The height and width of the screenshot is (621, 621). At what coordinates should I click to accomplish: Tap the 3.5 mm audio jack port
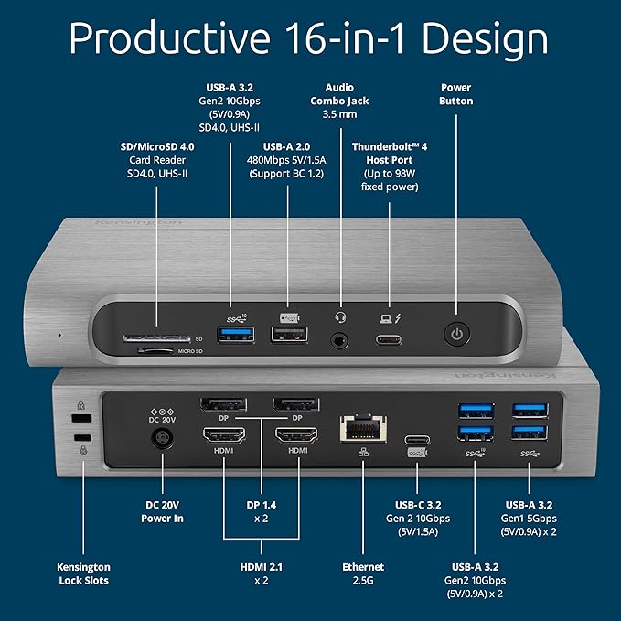342,340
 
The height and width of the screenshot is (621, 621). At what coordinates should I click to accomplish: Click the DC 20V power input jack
163,440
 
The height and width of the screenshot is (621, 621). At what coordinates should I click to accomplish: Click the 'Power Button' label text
455,94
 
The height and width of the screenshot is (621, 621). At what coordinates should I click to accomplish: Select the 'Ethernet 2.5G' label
363,572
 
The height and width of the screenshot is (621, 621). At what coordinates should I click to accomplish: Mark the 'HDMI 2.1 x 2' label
261,573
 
